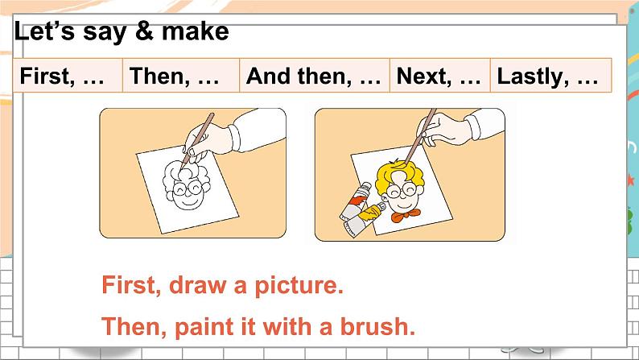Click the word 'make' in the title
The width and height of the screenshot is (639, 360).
click(196, 31)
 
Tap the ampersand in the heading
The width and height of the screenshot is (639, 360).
click(144, 31)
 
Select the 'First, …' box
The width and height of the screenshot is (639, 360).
click(68, 76)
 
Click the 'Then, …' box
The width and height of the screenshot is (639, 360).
click(181, 76)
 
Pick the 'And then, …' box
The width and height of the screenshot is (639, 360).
click(315, 76)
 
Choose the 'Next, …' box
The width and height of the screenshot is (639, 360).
click(440, 76)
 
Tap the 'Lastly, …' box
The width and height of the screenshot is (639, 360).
click(551, 76)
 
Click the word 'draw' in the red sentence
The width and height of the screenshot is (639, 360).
click(198, 284)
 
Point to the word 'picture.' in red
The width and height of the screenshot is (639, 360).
click(299, 285)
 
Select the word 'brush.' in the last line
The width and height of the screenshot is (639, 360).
click(377, 326)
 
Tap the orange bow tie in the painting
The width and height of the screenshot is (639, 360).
click(405, 214)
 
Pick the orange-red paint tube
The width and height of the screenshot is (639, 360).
click(355, 202)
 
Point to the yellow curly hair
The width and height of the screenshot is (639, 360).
click(399, 176)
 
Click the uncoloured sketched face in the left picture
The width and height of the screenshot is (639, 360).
click(187, 185)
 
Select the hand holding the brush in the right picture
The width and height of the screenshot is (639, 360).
click(444, 129)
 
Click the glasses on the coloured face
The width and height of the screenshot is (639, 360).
click(402, 190)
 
